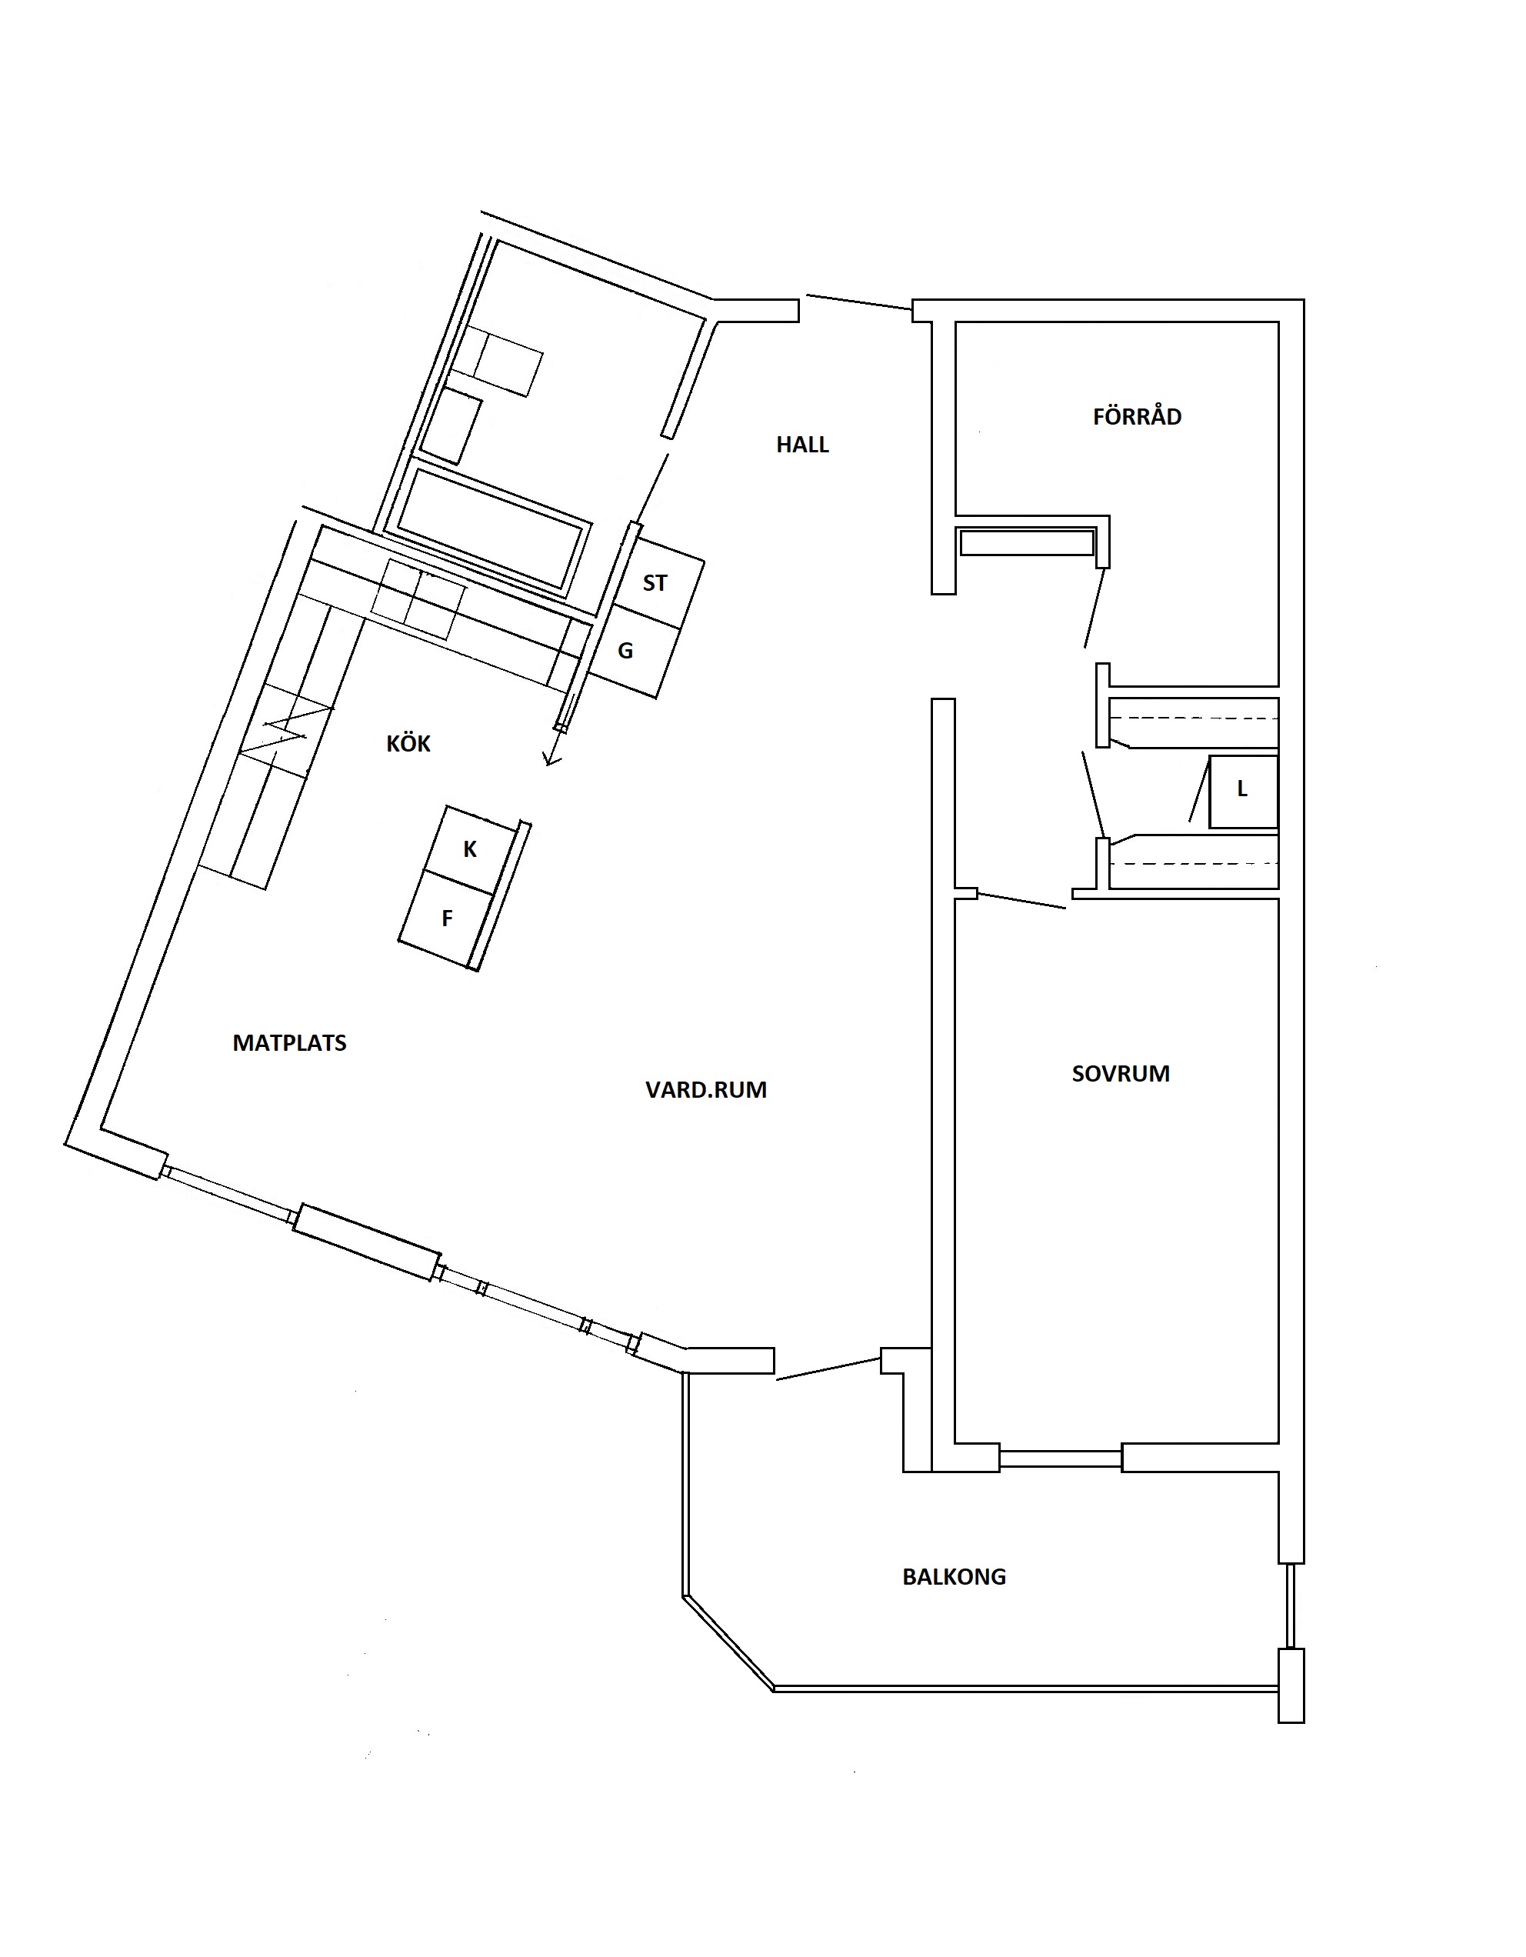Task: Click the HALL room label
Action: [802, 445]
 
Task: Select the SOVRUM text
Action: [1120, 1073]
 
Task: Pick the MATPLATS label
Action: [289, 1043]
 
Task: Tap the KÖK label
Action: [408, 743]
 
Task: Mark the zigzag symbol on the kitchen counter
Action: [286, 728]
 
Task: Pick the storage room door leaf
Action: [1093, 607]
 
